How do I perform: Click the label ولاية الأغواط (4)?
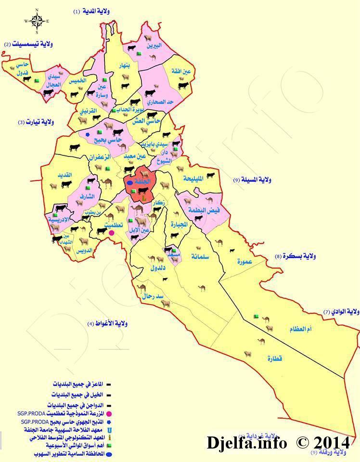coord(107,323)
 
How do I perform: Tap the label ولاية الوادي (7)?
coord(341,312)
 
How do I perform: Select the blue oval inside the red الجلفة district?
coord(129,183)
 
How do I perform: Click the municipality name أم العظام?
coord(301,329)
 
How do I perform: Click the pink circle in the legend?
coord(109,414)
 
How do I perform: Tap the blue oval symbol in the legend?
coord(109,454)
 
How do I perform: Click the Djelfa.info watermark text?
coord(247,442)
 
